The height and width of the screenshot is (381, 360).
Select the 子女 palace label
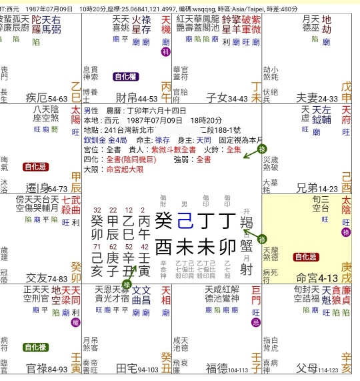pyautogui.click(x=217, y=97)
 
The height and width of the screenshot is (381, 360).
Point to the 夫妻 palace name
pyautogui.click(x=306, y=97)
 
